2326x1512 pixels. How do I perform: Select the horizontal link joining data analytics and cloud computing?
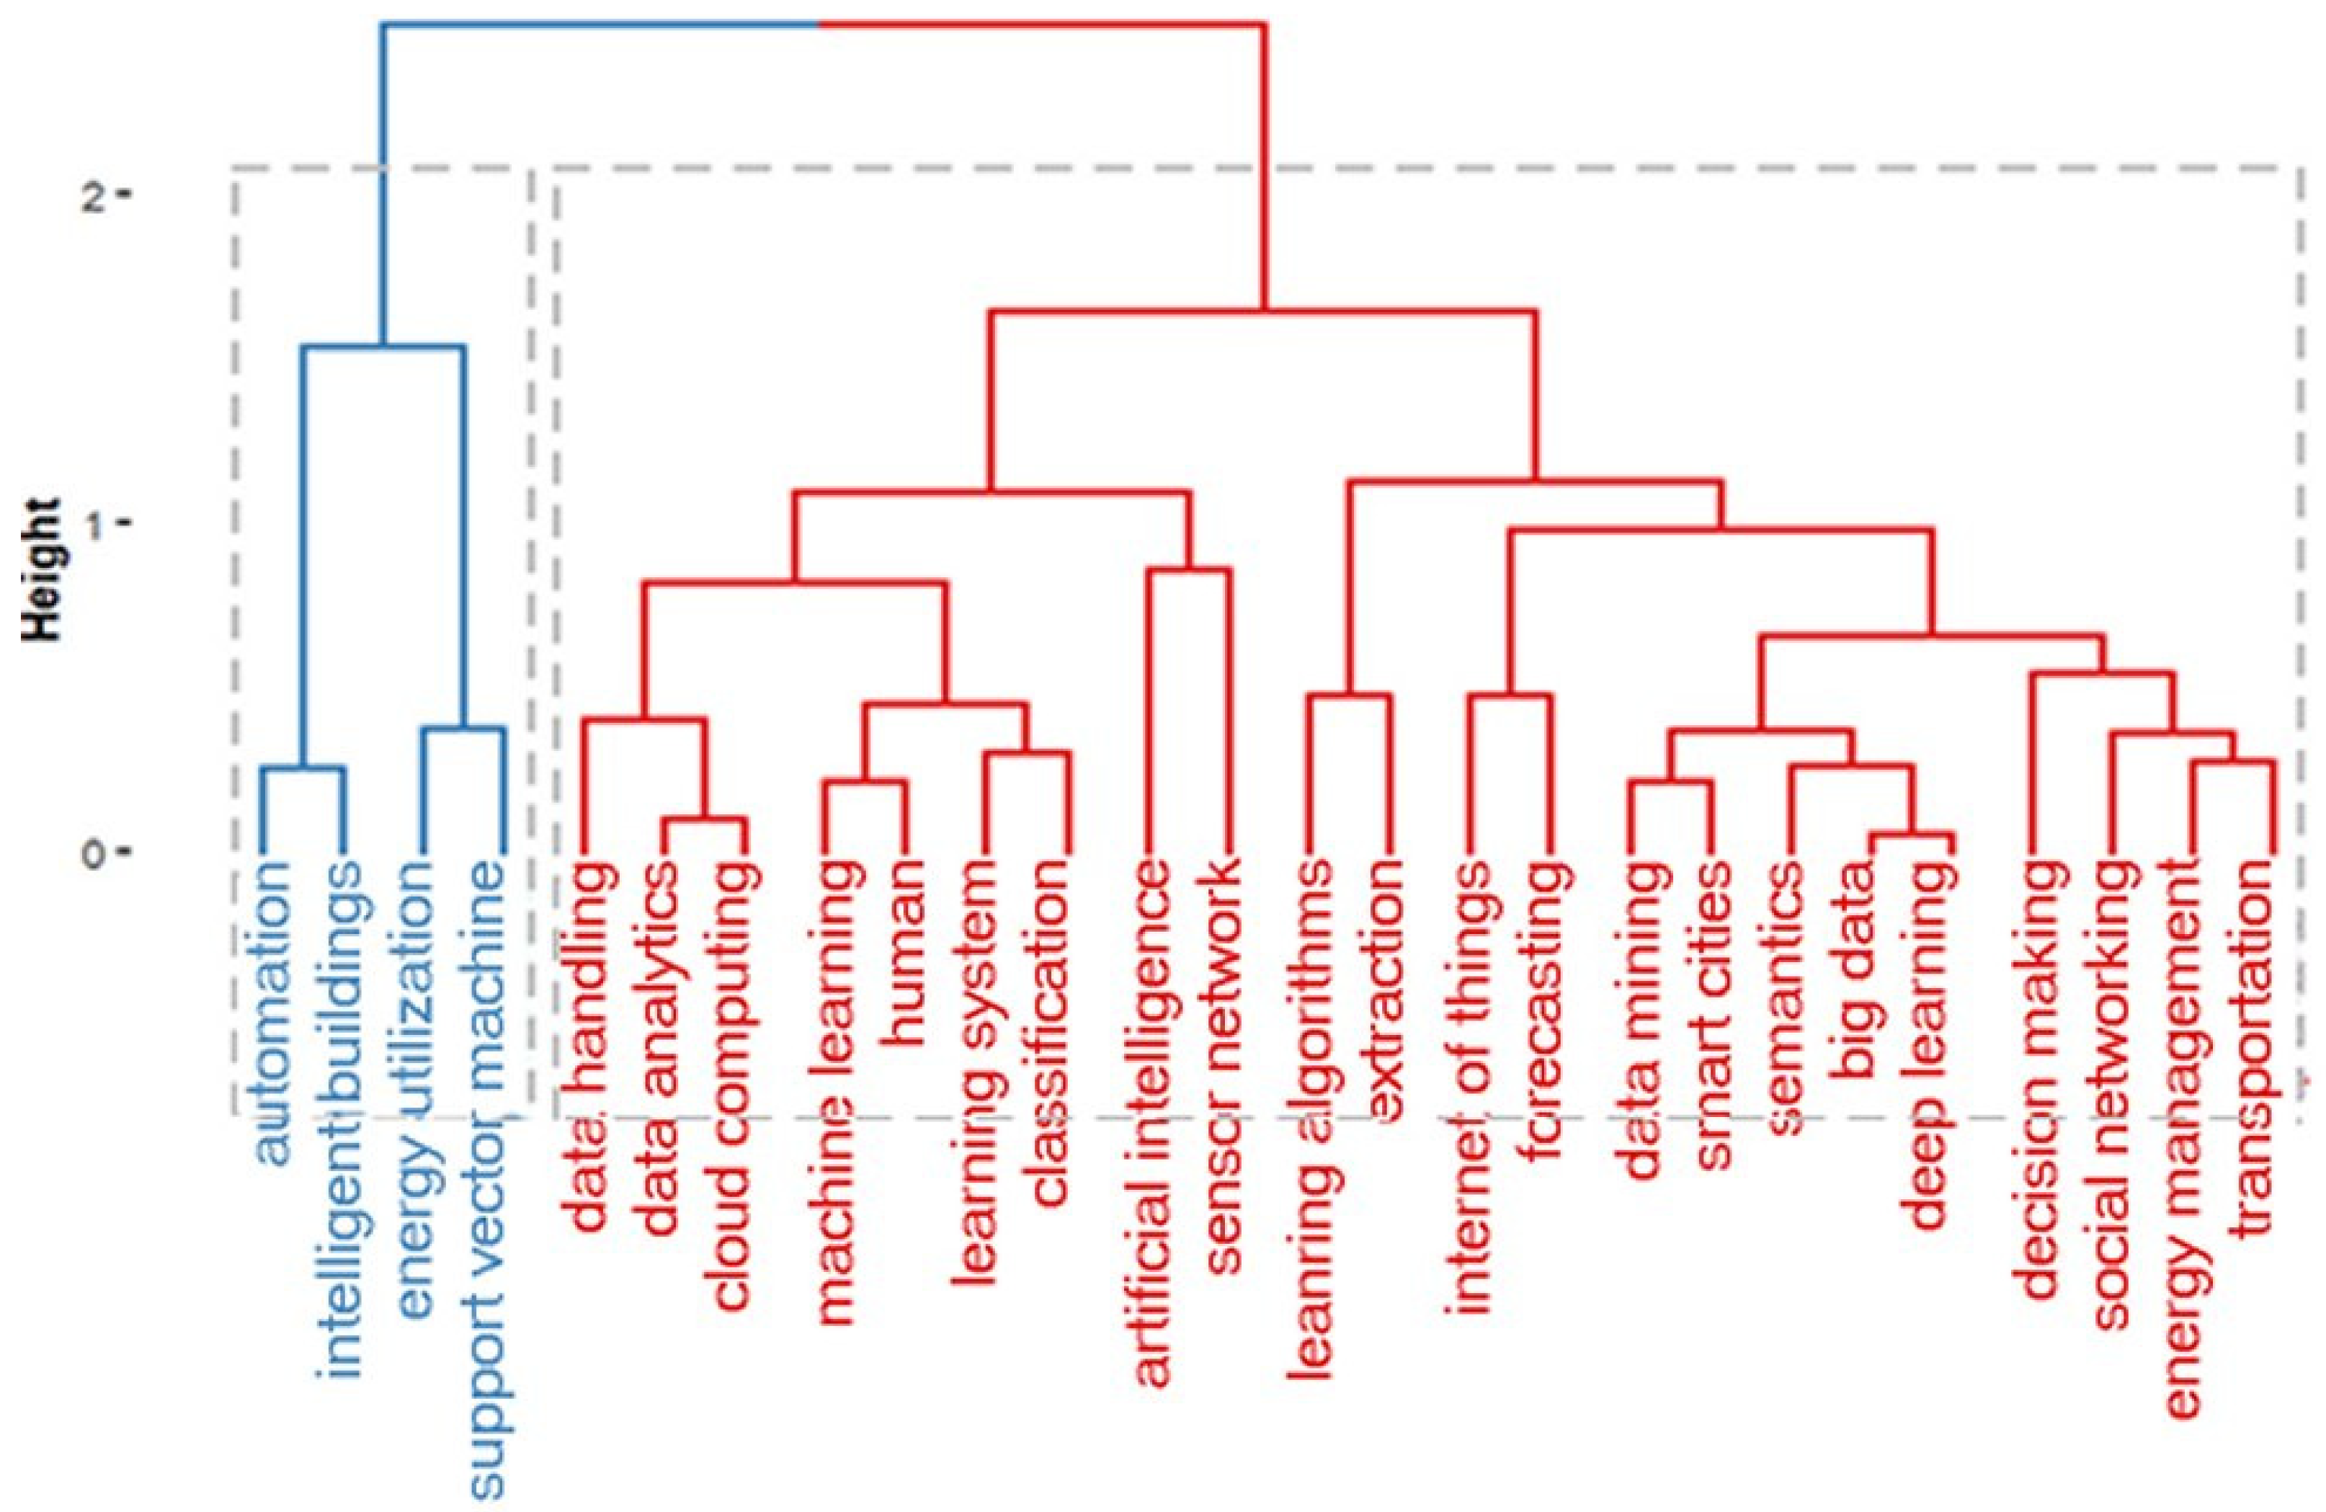[705, 818]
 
